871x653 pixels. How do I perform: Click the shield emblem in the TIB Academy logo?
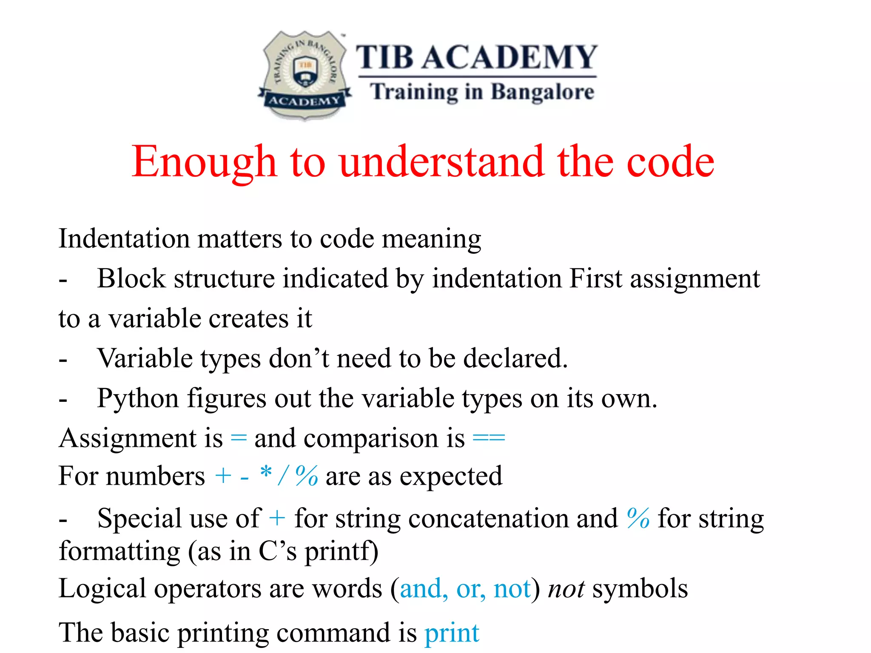pos(305,75)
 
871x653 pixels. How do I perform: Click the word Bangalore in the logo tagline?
pos(542,92)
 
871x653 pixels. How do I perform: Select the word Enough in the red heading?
pos(204,162)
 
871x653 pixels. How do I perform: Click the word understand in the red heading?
pos(442,162)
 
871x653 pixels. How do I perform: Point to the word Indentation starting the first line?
pos(128,238)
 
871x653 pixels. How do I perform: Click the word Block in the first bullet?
pos(131,279)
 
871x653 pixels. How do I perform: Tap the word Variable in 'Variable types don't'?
pos(145,358)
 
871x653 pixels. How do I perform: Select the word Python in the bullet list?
pos(138,399)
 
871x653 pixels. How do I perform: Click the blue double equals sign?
pos(489,438)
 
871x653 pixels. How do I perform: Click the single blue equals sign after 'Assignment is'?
pos(239,438)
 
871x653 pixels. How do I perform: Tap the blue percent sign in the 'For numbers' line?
pos(307,475)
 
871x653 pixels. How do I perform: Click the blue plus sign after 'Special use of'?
pos(277,518)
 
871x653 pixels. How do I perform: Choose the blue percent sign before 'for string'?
pos(638,518)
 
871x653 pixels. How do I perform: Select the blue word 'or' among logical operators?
pos(470,589)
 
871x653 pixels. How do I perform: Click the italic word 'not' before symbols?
pos(566,589)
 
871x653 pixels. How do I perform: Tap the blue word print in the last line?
pos(452,633)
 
